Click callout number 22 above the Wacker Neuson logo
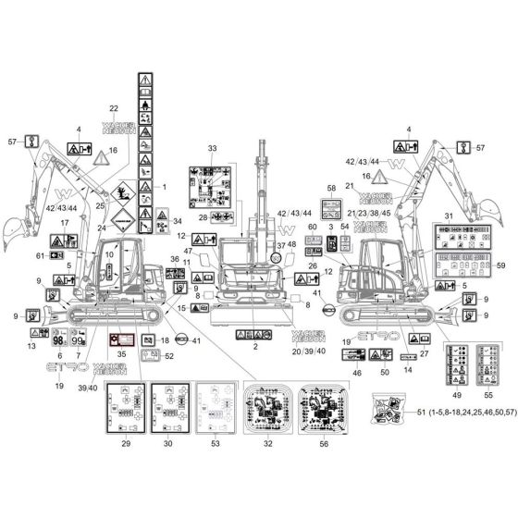click(x=113, y=109)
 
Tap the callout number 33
click(x=212, y=149)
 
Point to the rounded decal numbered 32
click(x=267, y=409)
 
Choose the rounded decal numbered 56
click(x=323, y=409)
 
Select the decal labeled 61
click(x=55, y=255)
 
